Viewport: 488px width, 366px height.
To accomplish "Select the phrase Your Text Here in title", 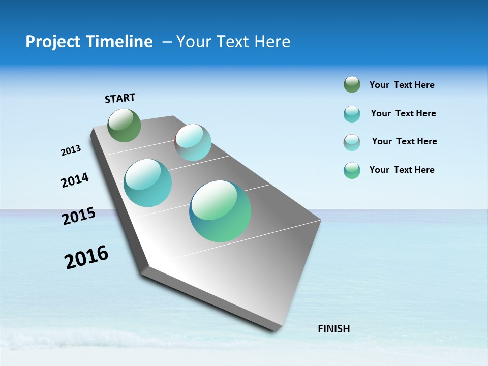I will [233, 42].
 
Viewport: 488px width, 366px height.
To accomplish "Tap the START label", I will [120, 98].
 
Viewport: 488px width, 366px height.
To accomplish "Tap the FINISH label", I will [333, 329].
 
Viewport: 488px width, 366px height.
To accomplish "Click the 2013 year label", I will [71, 150].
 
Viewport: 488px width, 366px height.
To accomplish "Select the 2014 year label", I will [75, 180].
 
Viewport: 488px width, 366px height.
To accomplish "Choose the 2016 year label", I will [86, 257].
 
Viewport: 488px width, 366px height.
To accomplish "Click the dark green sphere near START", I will [124, 125].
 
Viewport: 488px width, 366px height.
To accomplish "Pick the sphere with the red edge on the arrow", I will [193, 142].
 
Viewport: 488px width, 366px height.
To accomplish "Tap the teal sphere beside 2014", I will [147, 183].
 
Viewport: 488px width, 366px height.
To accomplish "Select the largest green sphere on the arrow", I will [220, 211].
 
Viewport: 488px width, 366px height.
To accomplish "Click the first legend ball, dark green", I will [352, 85].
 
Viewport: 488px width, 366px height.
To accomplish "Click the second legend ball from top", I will [352, 114].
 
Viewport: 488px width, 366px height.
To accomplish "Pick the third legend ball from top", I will [352, 142].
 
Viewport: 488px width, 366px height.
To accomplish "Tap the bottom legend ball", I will [352, 170].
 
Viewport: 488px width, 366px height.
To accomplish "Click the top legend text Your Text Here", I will [402, 85].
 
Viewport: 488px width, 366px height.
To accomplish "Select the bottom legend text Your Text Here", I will [402, 170].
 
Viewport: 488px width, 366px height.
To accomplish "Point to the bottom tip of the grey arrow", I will [277, 329].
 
